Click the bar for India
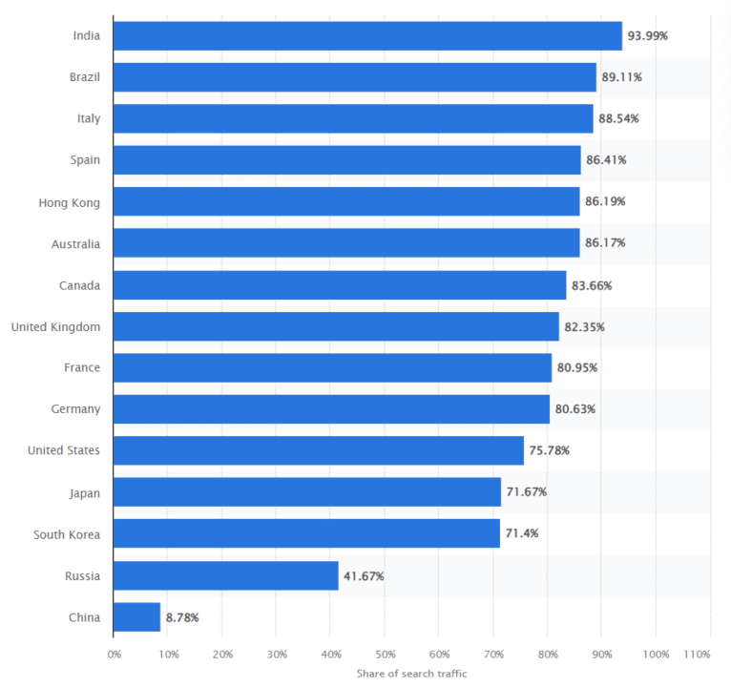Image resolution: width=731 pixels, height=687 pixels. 367,35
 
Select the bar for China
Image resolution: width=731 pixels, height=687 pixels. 136,617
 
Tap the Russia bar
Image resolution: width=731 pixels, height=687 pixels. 225,575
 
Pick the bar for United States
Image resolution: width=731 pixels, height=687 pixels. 318,450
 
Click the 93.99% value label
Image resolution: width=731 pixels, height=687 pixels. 648,35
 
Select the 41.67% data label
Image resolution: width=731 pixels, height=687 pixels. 364,575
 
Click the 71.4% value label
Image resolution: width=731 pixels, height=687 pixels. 522,533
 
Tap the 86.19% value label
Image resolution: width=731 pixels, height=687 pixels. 606,201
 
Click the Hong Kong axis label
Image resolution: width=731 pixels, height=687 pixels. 69,202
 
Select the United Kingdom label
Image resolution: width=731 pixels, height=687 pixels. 55,326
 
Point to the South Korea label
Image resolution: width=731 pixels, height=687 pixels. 67,533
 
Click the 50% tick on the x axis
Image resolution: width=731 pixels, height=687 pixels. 385,656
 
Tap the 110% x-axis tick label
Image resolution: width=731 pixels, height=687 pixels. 698,656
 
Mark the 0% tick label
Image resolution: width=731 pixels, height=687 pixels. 114,656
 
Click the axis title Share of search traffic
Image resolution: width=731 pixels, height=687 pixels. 411,674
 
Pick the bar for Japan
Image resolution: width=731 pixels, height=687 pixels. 306,492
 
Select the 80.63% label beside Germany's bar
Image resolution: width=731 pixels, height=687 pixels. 575,409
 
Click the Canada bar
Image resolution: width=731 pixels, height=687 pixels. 339,284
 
